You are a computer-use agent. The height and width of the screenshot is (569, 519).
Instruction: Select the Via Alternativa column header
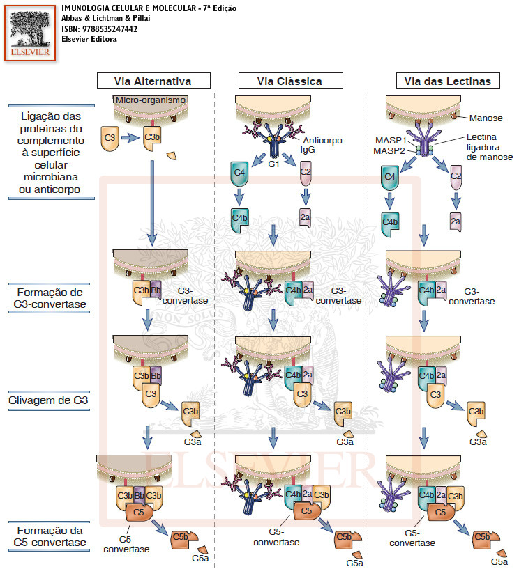coord(153,81)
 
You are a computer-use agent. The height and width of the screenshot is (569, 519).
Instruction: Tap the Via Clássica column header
coord(289,81)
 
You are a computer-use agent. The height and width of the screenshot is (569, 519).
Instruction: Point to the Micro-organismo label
coord(151,100)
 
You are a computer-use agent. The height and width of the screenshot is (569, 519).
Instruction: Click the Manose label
coord(486,118)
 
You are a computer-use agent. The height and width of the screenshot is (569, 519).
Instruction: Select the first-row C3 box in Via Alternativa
coord(110,138)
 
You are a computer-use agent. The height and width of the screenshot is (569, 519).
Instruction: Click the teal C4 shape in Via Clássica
coord(240,171)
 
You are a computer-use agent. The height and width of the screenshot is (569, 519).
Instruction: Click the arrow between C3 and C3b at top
coord(130,138)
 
